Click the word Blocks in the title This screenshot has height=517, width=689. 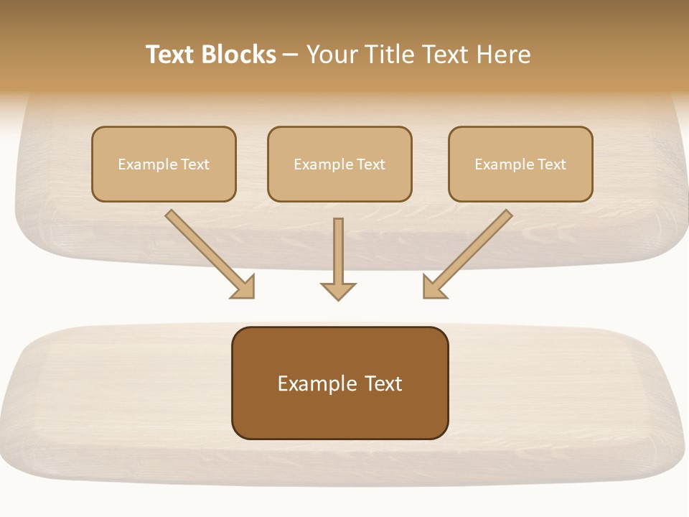point(240,55)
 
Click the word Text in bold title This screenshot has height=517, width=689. point(172,55)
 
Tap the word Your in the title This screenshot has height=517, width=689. point(334,55)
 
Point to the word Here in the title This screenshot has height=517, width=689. point(502,55)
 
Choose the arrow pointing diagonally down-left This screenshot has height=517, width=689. point(474,249)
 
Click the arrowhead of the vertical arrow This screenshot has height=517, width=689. point(338,291)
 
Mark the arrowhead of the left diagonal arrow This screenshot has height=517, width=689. point(244,287)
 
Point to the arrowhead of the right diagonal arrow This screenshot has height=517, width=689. point(433,287)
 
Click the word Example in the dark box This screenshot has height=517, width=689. point(313,384)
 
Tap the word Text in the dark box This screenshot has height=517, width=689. point(384,384)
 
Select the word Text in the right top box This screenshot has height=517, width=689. point(551,164)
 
